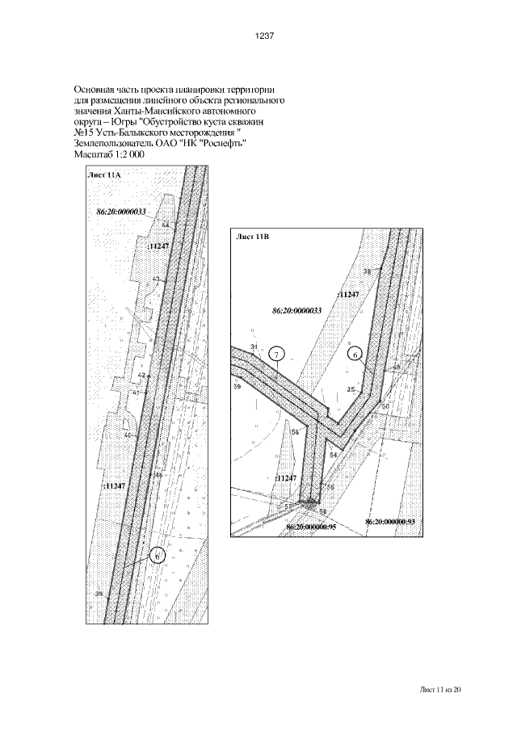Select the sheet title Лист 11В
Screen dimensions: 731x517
(x=251, y=237)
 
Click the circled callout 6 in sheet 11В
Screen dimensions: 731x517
(x=354, y=354)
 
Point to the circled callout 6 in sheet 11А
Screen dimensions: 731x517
(x=158, y=556)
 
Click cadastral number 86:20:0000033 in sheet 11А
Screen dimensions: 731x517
(x=121, y=210)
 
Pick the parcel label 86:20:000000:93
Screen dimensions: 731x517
(x=389, y=523)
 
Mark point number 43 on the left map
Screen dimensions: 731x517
(x=156, y=278)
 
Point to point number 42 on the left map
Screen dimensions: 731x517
(x=141, y=376)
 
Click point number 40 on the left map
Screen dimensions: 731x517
(x=127, y=435)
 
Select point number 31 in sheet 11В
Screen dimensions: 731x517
(x=254, y=347)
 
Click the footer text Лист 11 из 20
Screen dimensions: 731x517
(x=441, y=690)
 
